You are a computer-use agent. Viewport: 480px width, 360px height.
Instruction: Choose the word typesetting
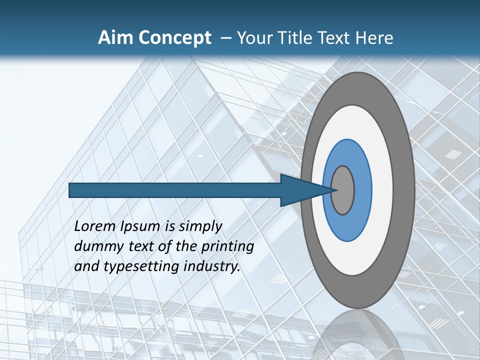pos(141,266)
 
